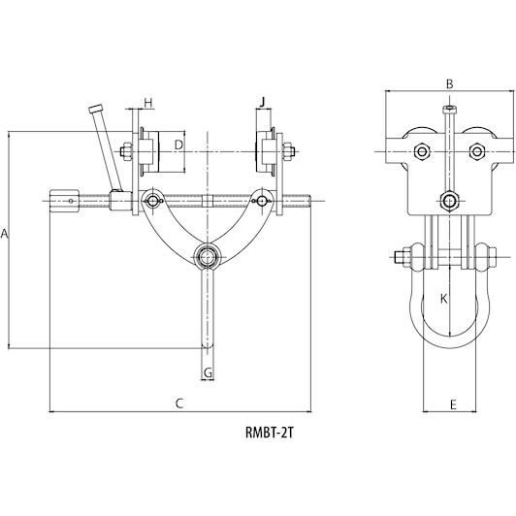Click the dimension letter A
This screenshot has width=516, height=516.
click(4, 234)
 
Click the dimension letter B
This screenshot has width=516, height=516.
click(449, 84)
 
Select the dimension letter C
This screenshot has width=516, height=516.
click(179, 403)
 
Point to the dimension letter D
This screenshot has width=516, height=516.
click(178, 145)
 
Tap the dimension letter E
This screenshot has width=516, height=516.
click(453, 404)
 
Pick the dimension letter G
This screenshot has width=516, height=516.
click(208, 373)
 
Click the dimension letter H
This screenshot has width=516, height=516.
click(148, 104)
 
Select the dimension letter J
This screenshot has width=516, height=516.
click(262, 103)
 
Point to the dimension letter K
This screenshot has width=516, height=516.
click(444, 299)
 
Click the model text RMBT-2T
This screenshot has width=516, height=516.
click(269, 433)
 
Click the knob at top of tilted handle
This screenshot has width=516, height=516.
click(96, 109)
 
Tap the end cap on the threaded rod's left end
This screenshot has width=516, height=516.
click(64, 201)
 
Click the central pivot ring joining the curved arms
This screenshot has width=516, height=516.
click(207, 256)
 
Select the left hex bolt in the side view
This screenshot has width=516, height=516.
click(422, 151)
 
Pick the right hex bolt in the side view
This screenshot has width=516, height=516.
click(477, 151)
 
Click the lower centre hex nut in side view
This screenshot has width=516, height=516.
click(449, 201)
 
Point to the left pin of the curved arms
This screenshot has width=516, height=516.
click(152, 201)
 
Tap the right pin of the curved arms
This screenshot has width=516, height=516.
click(262, 201)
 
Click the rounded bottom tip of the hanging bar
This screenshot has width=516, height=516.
click(208, 345)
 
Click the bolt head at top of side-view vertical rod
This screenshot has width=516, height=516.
click(450, 109)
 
